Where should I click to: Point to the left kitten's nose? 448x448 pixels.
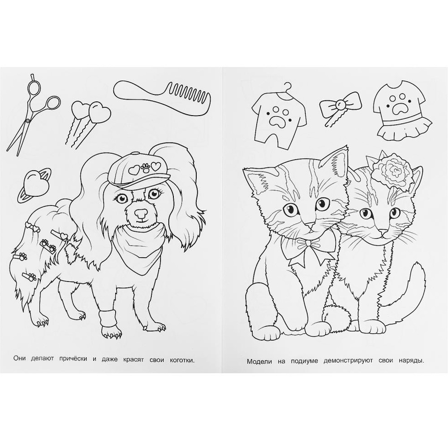tap(312, 226)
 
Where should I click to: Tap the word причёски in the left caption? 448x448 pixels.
tap(73, 359)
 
